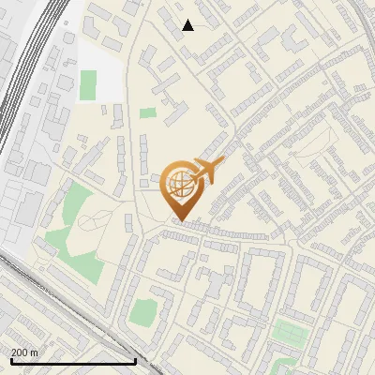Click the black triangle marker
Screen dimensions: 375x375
pos(188,25)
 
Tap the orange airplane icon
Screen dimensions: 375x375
pos(206,171)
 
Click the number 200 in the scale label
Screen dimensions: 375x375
pos(20,352)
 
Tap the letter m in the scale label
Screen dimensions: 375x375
pos(35,352)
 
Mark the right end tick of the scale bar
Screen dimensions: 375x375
pos(136,359)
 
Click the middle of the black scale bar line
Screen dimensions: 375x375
pos(72,362)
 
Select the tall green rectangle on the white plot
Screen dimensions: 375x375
pos(88,84)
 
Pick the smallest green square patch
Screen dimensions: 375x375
pos(148,112)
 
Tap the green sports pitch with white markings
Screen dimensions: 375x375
pos(288,331)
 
